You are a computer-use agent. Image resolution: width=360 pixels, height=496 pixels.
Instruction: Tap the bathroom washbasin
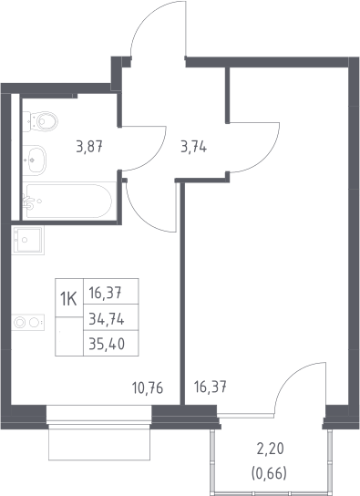pyautogui.click(x=35, y=160)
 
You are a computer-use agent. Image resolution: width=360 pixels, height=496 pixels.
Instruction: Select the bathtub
pyautogui.click(x=67, y=201)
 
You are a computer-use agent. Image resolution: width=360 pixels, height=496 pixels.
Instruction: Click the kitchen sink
pyautogui.click(x=28, y=240)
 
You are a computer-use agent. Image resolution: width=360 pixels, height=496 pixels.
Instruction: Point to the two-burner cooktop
pyautogui.click(x=28, y=323)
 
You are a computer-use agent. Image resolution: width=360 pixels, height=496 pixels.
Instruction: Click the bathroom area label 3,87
pyautogui.click(x=89, y=147)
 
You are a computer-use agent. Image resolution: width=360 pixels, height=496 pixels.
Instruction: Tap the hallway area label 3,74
pyautogui.click(x=194, y=147)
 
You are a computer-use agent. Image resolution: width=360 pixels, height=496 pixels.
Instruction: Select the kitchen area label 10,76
pyautogui.click(x=148, y=387)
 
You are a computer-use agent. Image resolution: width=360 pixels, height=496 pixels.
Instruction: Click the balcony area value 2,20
pyautogui.click(x=271, y=449)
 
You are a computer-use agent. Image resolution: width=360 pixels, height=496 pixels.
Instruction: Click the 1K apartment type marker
pyautogui.click(x=68, y=299)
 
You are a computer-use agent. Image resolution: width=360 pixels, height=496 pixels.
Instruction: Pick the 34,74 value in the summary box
pyautogui.click(x=107, y=320)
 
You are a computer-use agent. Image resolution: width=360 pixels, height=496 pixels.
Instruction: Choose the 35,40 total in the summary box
pyautogui.click(x=107, y=344)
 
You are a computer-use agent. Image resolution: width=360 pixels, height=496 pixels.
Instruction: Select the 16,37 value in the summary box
pyautogui.click(x=105, y=294)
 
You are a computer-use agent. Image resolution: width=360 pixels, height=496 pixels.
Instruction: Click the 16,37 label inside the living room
pyautogui.click(x=211, y=387)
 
